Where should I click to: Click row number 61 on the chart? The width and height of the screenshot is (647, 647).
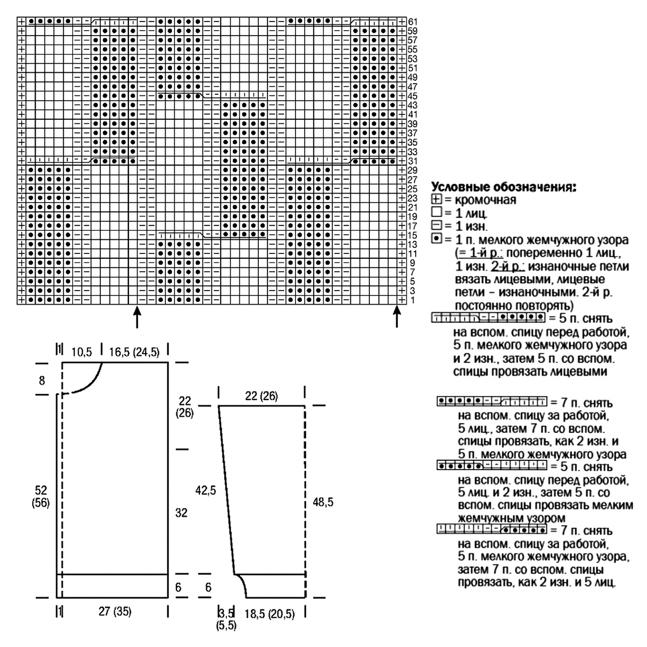pos(413,21)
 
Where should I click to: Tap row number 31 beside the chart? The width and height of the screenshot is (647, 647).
pos(413,161)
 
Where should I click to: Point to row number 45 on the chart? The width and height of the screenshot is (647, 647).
pos(413,96)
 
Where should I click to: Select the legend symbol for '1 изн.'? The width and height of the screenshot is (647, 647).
pos(436,225)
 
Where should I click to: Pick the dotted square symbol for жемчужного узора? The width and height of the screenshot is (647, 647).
pos(436,238)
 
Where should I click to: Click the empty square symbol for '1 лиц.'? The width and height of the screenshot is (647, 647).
pos(436,212)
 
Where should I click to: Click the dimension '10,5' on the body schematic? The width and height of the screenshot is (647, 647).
pos(82,352)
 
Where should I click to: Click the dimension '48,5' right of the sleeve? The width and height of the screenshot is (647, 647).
pos(323,502)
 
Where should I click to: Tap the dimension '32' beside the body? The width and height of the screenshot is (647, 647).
pos(181,513)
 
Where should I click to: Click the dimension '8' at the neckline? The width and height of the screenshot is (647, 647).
pos(42,381)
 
